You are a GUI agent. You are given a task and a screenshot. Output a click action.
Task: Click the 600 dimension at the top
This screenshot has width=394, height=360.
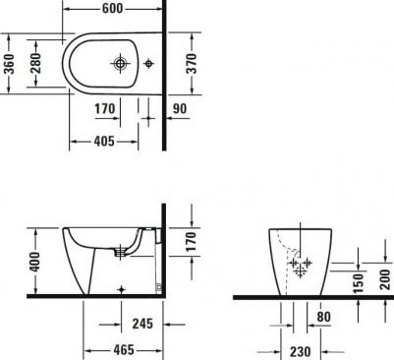[x=112, y=8]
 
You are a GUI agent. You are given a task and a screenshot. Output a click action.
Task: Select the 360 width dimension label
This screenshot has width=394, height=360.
[x=10, y=64]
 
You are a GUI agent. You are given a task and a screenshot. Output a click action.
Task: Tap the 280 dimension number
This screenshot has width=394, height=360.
[x=35, y=63]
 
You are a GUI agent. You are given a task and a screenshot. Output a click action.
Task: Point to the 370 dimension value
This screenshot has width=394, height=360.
[x=191, y=64]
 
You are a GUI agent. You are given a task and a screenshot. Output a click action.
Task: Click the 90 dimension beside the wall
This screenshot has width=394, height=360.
[x=180, y=108]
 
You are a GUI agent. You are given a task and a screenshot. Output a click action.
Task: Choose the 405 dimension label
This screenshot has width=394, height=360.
[x=104, y=142]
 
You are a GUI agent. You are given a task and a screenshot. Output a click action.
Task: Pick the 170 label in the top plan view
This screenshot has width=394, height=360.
[x=105, y=108]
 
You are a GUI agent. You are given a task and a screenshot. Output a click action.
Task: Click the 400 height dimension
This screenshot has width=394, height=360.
[x=34, y=262]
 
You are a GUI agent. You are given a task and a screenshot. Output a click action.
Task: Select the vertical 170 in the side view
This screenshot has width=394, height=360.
[x=191, y=242]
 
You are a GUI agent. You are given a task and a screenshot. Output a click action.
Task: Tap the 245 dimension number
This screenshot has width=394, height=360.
[x=142, y=324]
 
